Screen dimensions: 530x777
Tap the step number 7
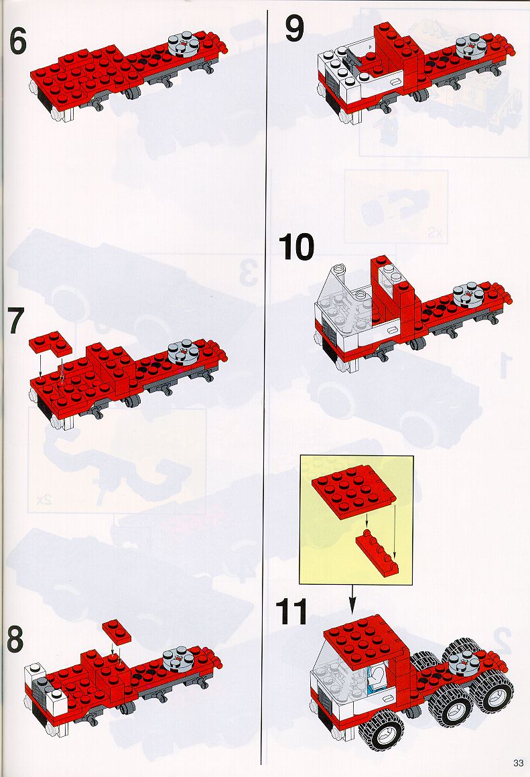[x=15, y=321]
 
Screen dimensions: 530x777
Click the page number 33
[x=519, y=762]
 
